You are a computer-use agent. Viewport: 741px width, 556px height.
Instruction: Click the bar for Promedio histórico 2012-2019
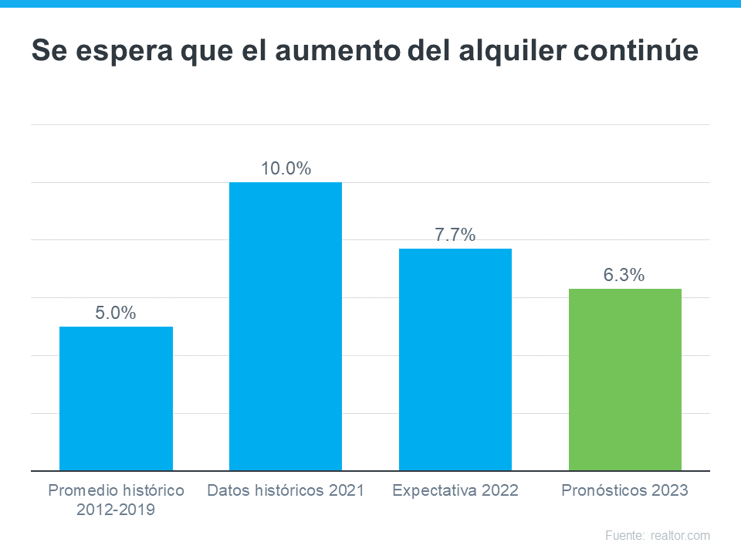(x=116, y=398)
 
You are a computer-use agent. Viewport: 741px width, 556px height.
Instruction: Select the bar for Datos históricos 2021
(x=286, y=326)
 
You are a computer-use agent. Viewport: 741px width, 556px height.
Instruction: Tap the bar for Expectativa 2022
(x=455, y=359)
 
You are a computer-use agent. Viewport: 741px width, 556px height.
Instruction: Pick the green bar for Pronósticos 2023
(x=625, y=379)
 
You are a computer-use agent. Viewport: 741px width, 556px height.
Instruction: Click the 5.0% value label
(x=116, y=313)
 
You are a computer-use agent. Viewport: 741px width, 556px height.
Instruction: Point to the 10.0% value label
(x=286, y=168)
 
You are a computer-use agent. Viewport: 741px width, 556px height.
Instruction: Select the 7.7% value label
(x=455, y=235)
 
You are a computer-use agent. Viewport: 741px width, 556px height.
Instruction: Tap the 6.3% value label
(x=624, y=275)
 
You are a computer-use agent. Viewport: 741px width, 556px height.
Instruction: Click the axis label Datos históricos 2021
(x=286, y=490)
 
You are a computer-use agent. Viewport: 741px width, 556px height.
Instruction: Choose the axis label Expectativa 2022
(x=455, y=490)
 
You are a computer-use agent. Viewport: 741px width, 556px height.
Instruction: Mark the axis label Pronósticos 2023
(x=624, y=490)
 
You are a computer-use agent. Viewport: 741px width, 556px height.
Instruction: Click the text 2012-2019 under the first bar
(x=116, y=510)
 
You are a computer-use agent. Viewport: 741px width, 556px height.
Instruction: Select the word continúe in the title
(x=645, y=52)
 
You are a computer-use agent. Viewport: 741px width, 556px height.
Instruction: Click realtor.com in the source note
(x=680, y=535)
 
